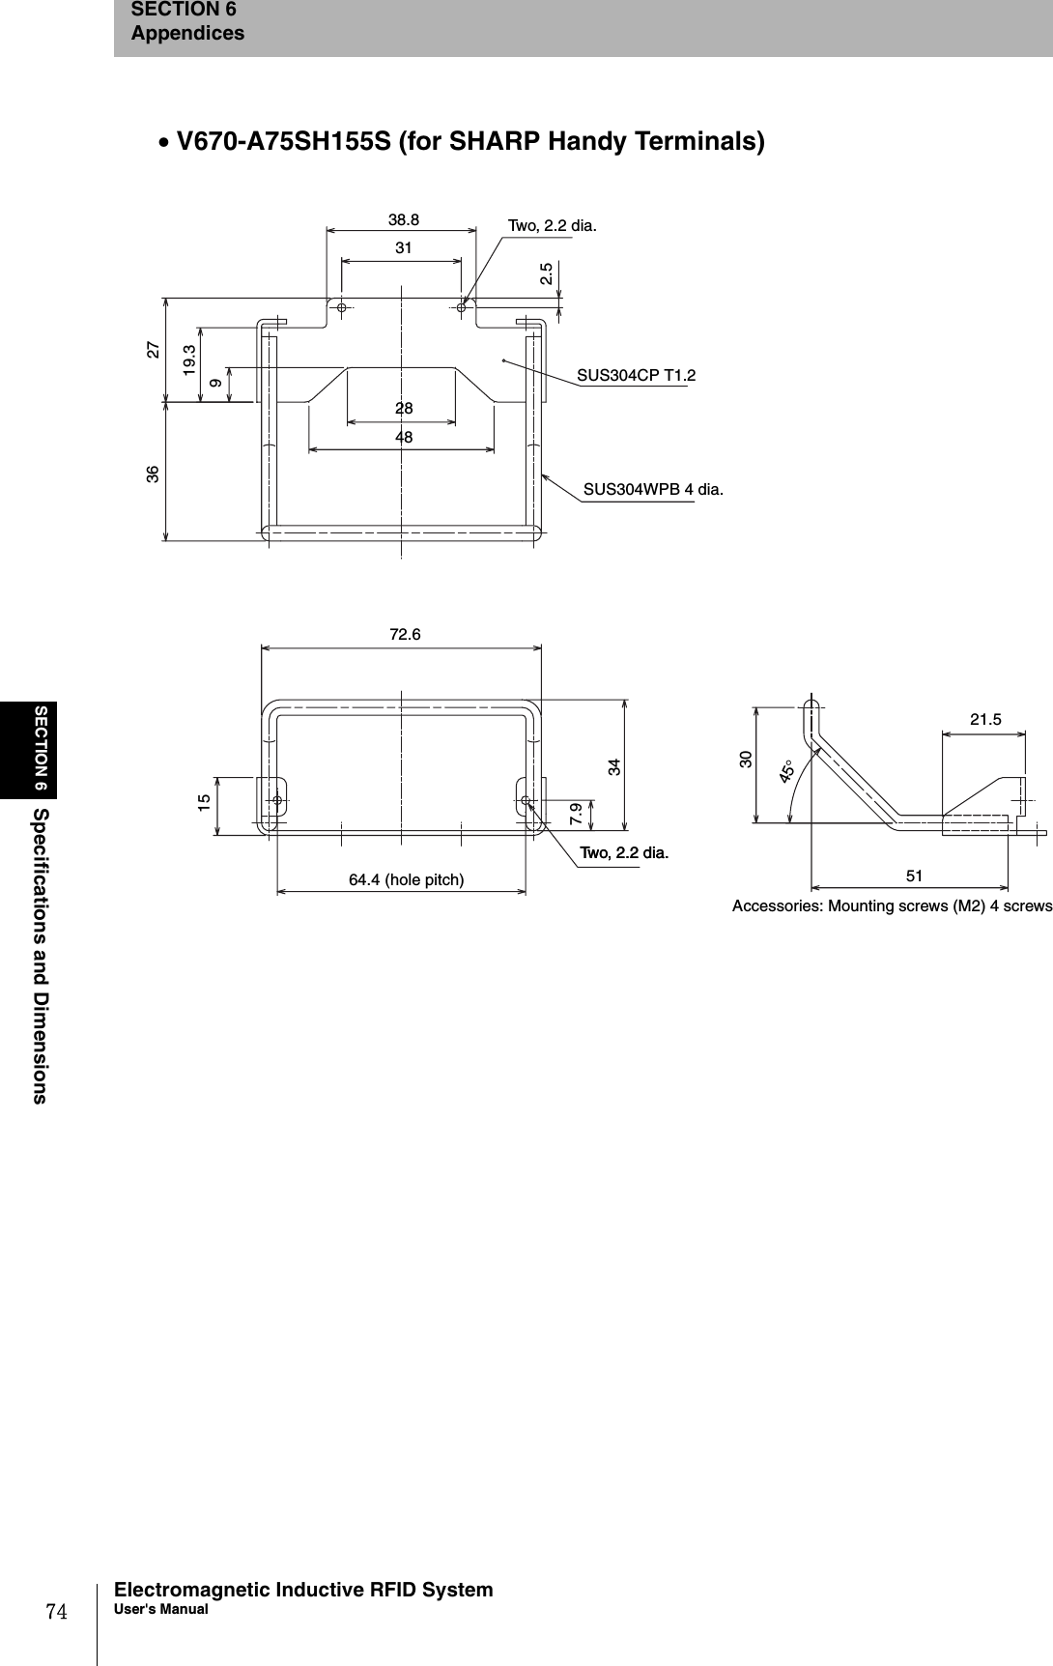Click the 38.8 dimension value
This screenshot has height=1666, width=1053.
[404, 219]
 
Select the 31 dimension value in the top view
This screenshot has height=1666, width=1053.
[404, 248]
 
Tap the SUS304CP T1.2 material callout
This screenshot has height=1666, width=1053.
[636, 375]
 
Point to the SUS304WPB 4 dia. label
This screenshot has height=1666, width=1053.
[653, 490]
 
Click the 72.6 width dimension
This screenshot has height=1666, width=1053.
[405, 635]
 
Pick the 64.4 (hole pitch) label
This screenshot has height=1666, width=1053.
[406, 879]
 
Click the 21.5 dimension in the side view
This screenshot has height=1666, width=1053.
[985, 719]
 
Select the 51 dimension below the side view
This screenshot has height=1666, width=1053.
[914, 876]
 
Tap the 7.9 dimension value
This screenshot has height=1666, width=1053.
[576, 813]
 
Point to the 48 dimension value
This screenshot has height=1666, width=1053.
[404, 438]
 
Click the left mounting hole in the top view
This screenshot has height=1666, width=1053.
[342, 306]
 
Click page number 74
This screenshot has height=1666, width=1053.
[56, 1611]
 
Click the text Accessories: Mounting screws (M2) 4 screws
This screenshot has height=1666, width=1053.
[892, 906]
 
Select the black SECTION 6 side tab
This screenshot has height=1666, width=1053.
[43, 749]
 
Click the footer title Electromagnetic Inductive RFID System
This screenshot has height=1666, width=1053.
[303, 1590]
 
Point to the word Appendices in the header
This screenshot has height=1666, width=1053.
[187, 34]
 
